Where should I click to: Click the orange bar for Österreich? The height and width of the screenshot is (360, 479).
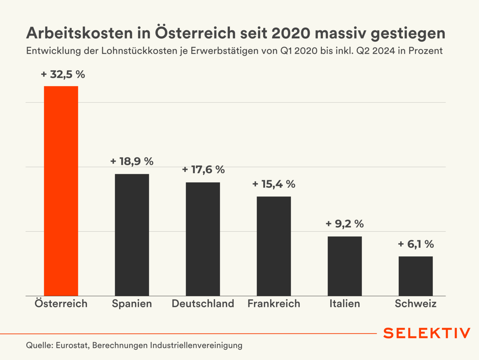(x=61, y=191)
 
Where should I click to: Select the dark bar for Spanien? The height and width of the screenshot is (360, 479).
(x=132, y=235)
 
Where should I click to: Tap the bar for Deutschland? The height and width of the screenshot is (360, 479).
(x=203, y=239)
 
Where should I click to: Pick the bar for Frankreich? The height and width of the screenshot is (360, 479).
(x=274, y=246)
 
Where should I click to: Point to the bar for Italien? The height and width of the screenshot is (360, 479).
(x=345, y=266)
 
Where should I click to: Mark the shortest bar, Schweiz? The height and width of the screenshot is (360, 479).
(x=415, y=276)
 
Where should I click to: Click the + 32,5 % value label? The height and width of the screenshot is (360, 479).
(x=63, y=74)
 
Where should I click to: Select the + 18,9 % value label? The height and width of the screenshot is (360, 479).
(x=132, y=161)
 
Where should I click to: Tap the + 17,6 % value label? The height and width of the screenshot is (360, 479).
(x=203, y=170)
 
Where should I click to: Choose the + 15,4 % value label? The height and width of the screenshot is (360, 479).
(x=274, y=184)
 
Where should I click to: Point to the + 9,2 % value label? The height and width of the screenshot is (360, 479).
(x=345, y=224)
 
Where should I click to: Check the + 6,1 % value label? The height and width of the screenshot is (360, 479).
(x=415, y=244)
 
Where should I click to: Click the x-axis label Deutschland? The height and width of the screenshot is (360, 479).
(x=203, y=303)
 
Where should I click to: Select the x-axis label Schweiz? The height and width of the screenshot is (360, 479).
(x=415, y=303)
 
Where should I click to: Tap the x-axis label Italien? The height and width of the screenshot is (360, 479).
(x=345, y=303)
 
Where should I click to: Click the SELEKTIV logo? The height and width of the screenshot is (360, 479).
(x=426, y=333)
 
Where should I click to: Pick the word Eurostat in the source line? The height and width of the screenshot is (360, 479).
(x=72, y=345)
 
